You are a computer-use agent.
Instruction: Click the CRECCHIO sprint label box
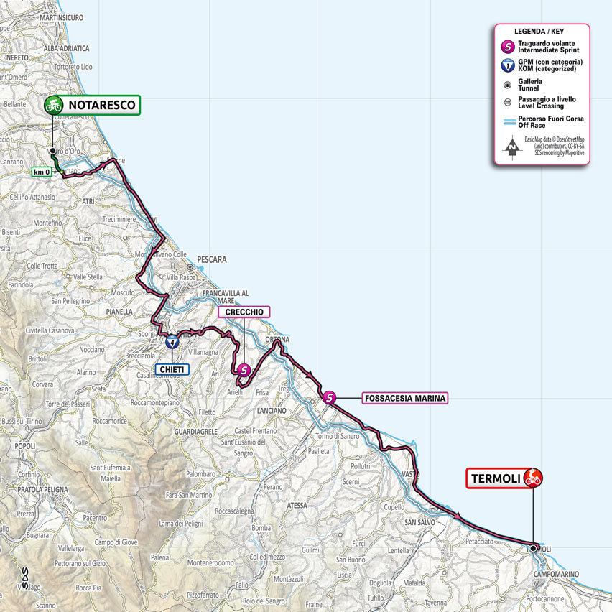click(244, 312)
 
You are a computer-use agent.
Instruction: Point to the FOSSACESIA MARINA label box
click(404, 398)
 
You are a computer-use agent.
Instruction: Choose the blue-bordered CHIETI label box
click(172, 369)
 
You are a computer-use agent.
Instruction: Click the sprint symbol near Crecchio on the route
click(244, 370)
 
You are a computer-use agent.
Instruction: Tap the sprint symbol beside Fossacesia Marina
click(329, 397)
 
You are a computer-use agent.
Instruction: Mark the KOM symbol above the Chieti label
click(172, 343)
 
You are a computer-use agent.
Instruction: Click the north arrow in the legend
click(511, 148)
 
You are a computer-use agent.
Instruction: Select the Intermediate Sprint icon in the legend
click(508, 47)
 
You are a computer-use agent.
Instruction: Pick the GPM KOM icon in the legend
click(508, 65)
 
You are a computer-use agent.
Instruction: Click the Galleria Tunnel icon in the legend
click(508, 84)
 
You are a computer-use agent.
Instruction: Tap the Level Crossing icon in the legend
click(508, 102)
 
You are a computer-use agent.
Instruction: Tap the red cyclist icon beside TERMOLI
click(532, 477)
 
